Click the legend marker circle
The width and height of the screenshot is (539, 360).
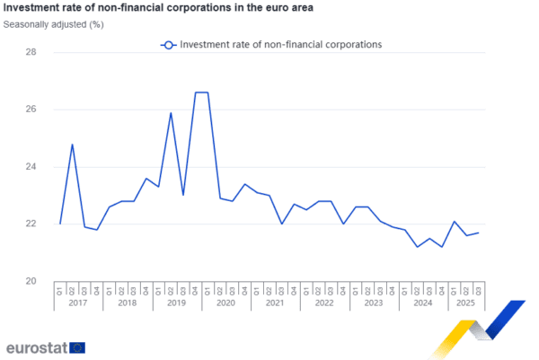tap(168, 44)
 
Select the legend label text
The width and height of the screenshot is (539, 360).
tap(281, 44)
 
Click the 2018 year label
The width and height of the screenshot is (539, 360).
tap(127, 303)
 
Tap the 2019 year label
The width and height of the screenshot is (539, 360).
tap(176, 303)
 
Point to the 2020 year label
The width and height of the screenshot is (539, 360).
tap(225, 303)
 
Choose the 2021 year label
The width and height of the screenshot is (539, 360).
tap(275, 303)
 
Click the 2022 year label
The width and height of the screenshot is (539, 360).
tap(324, 303)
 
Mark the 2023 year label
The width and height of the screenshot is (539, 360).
tap(374, 303)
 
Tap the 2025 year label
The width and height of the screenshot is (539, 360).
tap(466, 303)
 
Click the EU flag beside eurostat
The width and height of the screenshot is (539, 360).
tap(77, 347)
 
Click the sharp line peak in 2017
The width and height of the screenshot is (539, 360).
tap(72, 144)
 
